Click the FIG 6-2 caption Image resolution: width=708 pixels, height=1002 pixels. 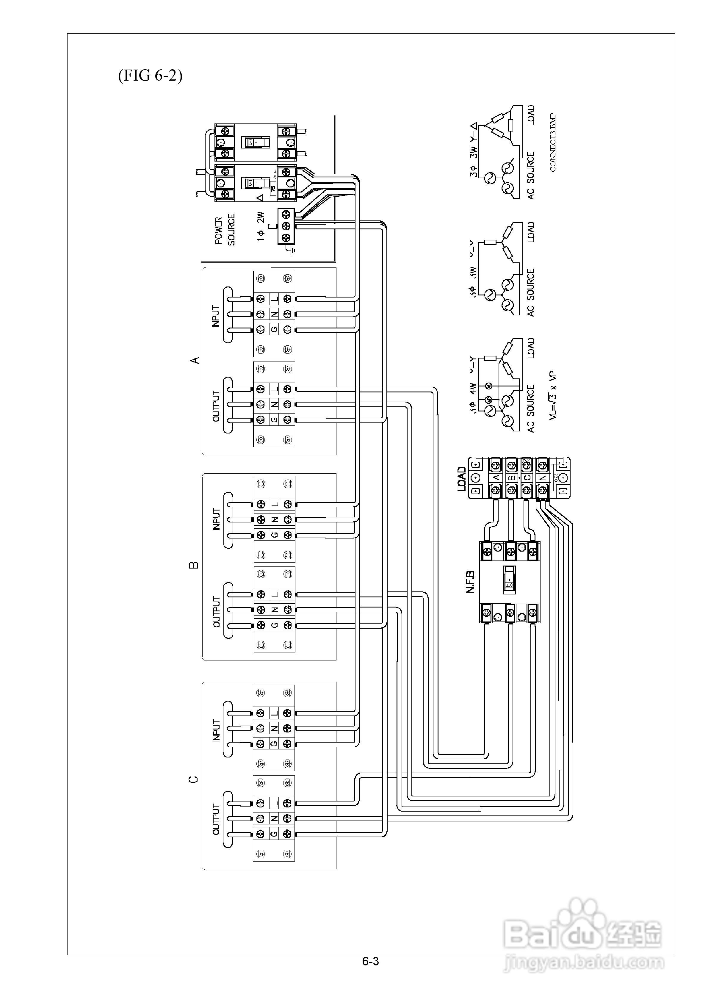pyautogui.click(x=150, y=76)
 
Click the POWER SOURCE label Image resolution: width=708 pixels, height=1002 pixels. pyautogui.click(x=225, y=230)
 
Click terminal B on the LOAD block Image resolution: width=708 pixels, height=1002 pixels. pyautogui.click(x=512, y=478)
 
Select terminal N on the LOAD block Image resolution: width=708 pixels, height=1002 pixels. pyautogui.click(x=543, y=478)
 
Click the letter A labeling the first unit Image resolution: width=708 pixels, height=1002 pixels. pyautogui.click(x=195, y=360)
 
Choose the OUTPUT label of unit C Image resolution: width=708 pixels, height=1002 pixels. pyautogui.click(x=216, y=819)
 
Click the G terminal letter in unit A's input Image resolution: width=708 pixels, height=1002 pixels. pyautogui.click(x=274, y=330)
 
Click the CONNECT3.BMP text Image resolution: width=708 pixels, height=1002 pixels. pyautogui.click(x=553, y=142)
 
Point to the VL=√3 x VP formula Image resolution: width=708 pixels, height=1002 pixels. pyautogui.click(x=553, y=395)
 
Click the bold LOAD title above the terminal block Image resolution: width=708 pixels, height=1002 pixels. pyautogui.click(x=462, y=479)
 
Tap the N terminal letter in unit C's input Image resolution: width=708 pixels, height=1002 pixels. pyautogui.click(x=274, y=728)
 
